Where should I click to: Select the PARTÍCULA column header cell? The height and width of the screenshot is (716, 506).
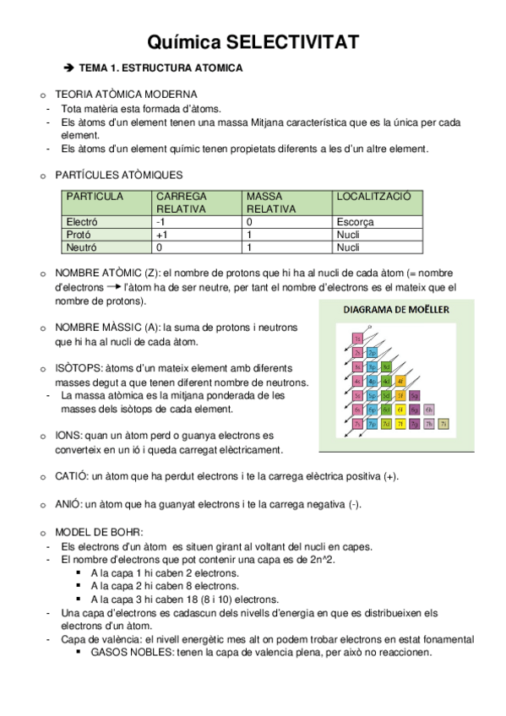point(95,196)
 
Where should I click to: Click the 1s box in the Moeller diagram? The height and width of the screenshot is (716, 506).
point(358,339)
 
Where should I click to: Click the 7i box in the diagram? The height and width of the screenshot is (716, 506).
point(443,423)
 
